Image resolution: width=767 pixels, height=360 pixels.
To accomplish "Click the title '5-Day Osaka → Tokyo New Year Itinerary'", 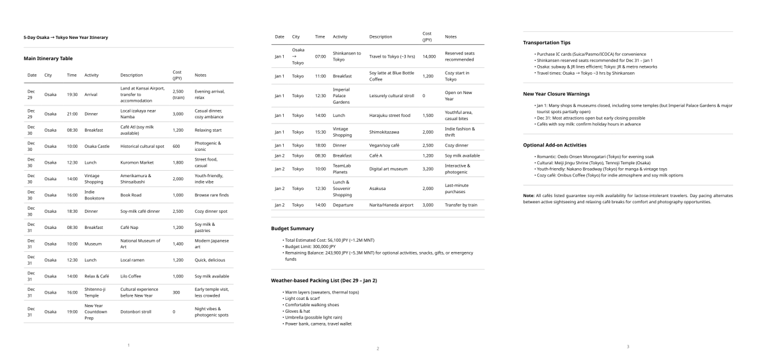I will [66, 38].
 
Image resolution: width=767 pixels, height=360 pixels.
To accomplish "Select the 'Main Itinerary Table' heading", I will [48, 58].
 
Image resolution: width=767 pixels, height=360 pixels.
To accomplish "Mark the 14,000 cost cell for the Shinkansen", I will [428, 56].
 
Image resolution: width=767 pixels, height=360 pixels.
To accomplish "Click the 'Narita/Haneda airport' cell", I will [391, 205].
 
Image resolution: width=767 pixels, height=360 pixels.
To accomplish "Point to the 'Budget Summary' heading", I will [292, 228].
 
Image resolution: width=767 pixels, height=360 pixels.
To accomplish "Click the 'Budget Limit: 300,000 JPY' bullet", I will [310, 246].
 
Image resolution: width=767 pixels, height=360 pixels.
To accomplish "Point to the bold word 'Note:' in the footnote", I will [529, 195].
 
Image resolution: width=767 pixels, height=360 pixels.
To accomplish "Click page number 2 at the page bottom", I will [378, 348].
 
